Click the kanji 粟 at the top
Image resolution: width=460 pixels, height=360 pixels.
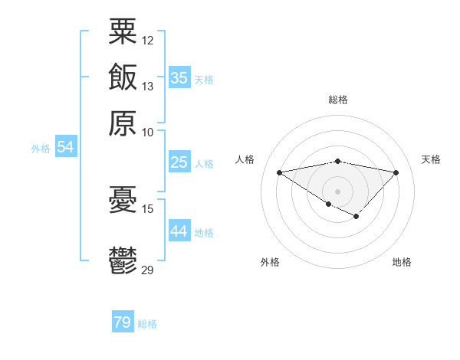[123, 31]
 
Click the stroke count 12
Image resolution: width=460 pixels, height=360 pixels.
[148, 40]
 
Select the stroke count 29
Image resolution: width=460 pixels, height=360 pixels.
[148, 269]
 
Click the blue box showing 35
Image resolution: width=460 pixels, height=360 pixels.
[179, 77]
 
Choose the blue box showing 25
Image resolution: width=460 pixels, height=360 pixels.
[179, 162]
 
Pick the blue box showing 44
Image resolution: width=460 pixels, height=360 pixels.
[179, 231]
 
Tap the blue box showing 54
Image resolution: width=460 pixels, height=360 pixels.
[65, 147]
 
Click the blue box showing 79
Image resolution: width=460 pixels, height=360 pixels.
[123, 322]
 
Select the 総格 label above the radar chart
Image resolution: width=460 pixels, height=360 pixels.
[338, 100]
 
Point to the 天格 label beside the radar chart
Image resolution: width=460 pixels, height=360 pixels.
[431, 159]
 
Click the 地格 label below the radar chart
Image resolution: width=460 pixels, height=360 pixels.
[402, 262]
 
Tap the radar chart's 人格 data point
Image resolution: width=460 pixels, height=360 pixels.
[280, 172]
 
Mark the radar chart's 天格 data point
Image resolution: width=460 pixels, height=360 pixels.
[396, 172]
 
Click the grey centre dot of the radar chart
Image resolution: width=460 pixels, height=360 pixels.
[338, 191]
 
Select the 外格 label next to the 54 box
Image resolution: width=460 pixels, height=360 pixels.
[41, 149]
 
